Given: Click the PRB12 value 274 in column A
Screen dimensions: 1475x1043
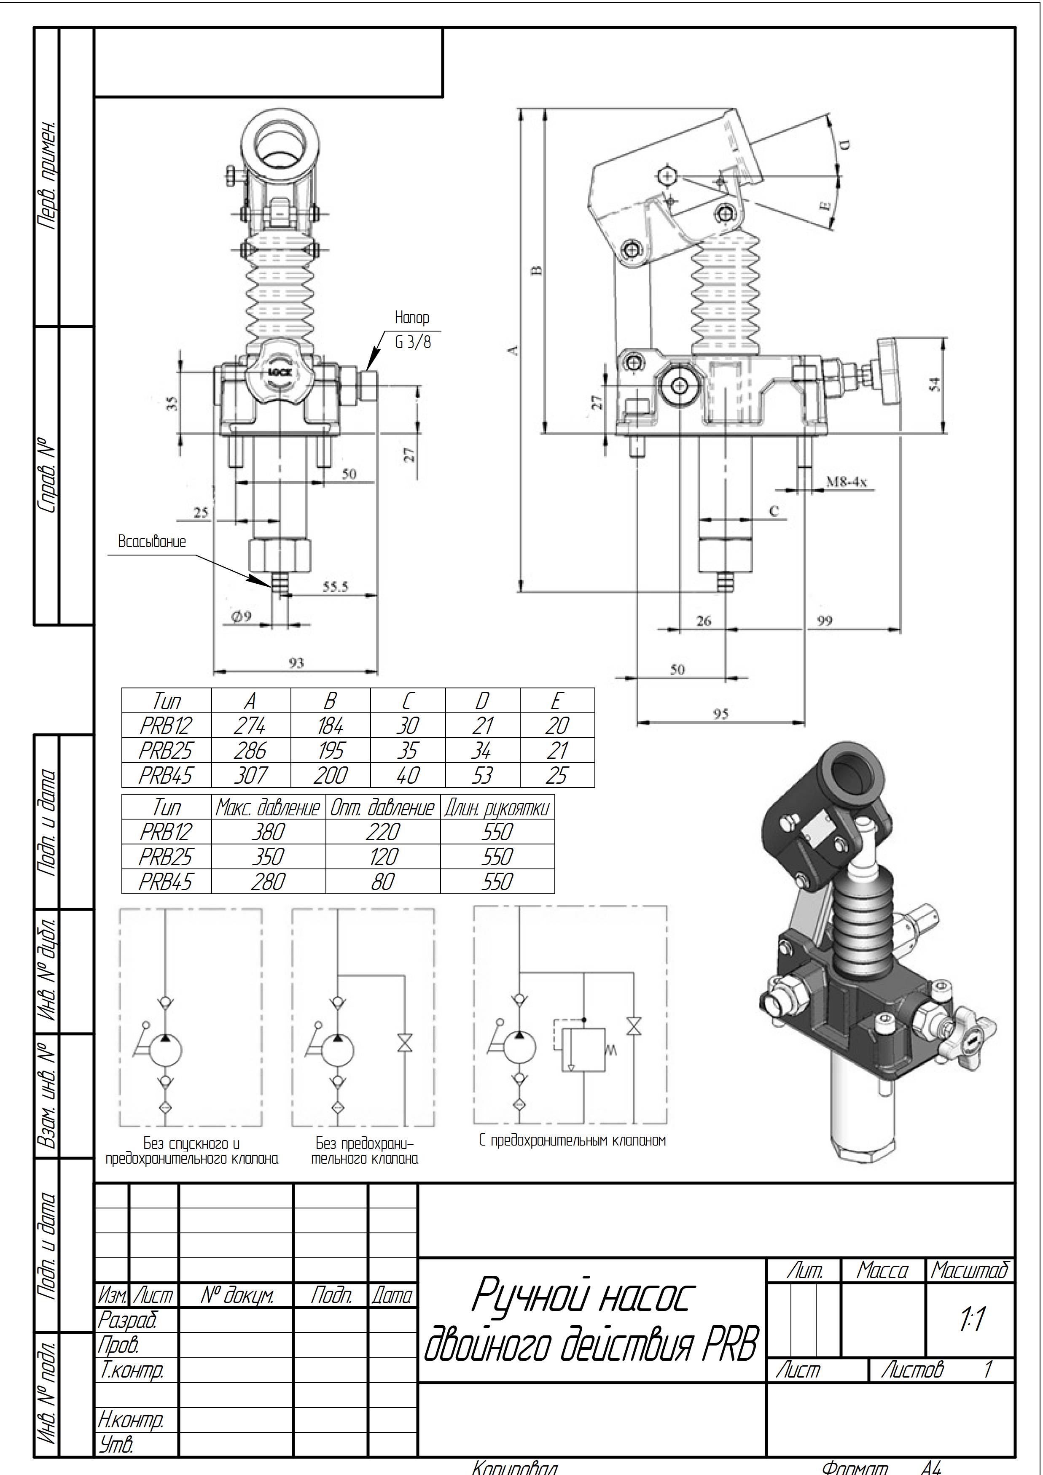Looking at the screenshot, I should click(x=250, y=725).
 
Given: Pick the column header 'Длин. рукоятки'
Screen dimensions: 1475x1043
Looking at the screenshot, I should click(x=497, y=808).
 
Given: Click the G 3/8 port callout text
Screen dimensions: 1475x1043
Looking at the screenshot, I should click(x=412, y=342).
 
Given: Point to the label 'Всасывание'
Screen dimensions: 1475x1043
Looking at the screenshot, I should click(x=152, y=542).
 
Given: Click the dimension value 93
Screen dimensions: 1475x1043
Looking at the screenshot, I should click(x=296, y=662).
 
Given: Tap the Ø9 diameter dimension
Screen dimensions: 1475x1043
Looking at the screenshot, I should click(x=242, y=616).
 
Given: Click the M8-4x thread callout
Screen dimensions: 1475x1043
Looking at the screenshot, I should click(x=847, y=481).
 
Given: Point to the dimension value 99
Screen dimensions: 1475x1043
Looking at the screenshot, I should click(x=825, y=620).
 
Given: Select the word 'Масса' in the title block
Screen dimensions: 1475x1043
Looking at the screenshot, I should click(x=882, y=1270).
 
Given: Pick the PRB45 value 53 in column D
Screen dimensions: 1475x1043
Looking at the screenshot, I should click(x=482, y=775).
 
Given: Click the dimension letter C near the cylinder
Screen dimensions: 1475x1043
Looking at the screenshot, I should click(x=774, y=511).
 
